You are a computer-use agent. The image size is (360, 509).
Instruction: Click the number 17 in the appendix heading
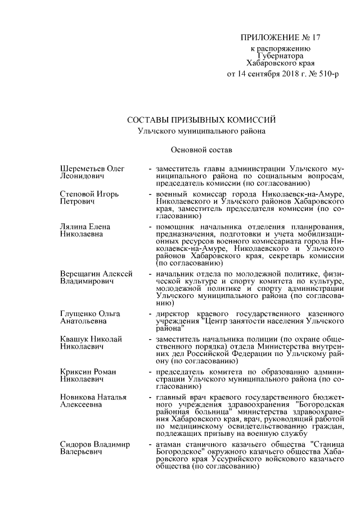point(313,38)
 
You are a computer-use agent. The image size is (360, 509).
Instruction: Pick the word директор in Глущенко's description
point(174,313)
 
